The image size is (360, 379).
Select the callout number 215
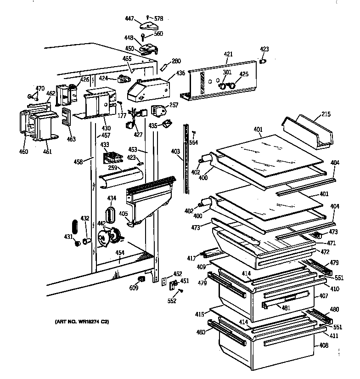pyautogui.click(x=325, y=114)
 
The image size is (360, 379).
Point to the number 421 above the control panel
pyautogui.click(x=228, y=54)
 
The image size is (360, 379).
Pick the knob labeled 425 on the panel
pyautogui.click(x=232, y=85)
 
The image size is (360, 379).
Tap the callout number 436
pyautogui.click(x=180, y=73)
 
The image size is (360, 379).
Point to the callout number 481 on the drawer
pyautogui.click(x=286, y=307)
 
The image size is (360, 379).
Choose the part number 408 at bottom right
pyautogui.click(x=324, y=345)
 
